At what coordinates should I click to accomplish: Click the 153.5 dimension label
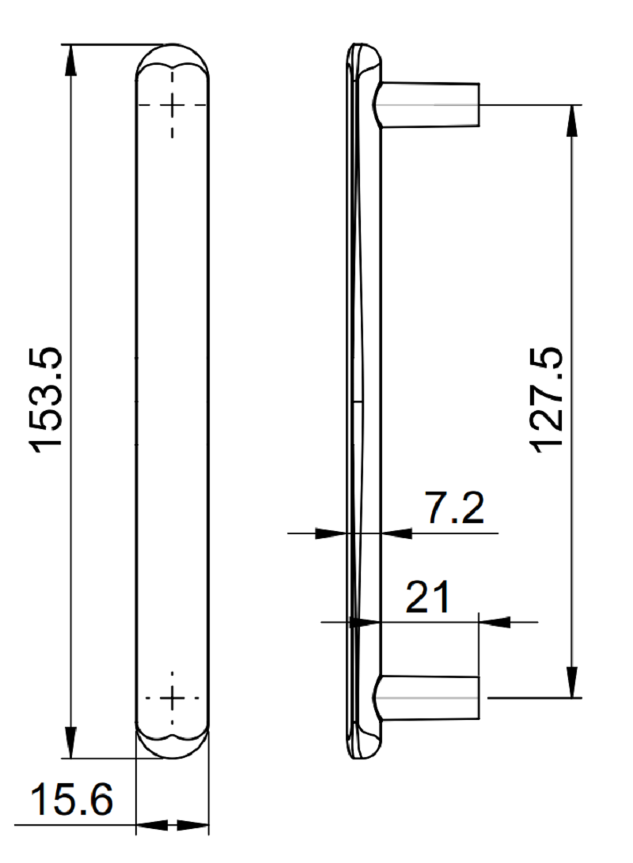point(46,400)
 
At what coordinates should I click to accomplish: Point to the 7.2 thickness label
point(455,508)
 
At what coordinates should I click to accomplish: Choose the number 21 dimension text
point(427,597)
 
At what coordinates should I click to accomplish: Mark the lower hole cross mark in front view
point(172,698)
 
